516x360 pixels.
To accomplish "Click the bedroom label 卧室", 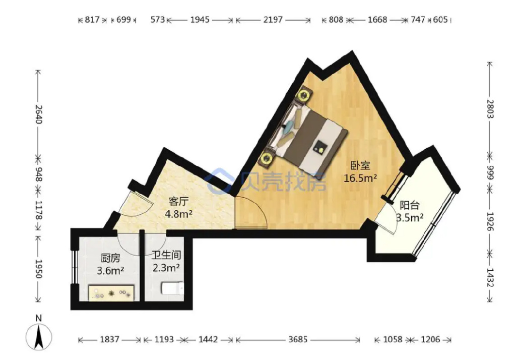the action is click(x=360, y=165).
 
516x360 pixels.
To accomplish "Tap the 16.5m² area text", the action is click(x=360, y=178).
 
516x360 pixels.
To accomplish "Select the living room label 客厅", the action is click(x=178, y=201).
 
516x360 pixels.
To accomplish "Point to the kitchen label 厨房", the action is click(x=110, y=258).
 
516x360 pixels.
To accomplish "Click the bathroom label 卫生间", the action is click(x=166, y=255).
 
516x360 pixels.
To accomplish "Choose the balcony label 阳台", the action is click(x=409, y=205).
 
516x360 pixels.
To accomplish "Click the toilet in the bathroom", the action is click(x=172, y=288).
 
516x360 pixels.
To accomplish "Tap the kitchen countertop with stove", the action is click(x=112, y=292).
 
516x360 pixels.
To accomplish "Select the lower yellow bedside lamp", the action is click(x=266, y=158).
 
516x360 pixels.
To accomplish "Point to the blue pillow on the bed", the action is click(x=289, y=126).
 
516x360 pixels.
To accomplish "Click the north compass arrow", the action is click(x=39, y=337).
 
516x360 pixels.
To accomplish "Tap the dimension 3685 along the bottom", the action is click(x=298, y=339).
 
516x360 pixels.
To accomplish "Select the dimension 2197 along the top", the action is click(x=273, y=20).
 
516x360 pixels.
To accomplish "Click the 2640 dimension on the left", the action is click(x=38, y=114).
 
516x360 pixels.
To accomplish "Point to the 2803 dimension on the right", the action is click(x=490, y=109).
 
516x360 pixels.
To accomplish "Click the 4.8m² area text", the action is click(x=179, y=214).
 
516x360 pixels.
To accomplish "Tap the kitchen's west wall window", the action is click(x=74, y=267).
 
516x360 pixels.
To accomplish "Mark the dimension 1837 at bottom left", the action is click(x=109, y=339).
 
